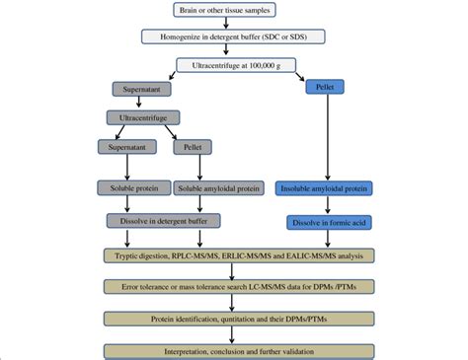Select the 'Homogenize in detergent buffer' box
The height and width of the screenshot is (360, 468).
(232, 37)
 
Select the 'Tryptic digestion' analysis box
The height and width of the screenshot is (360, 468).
(234, 254)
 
